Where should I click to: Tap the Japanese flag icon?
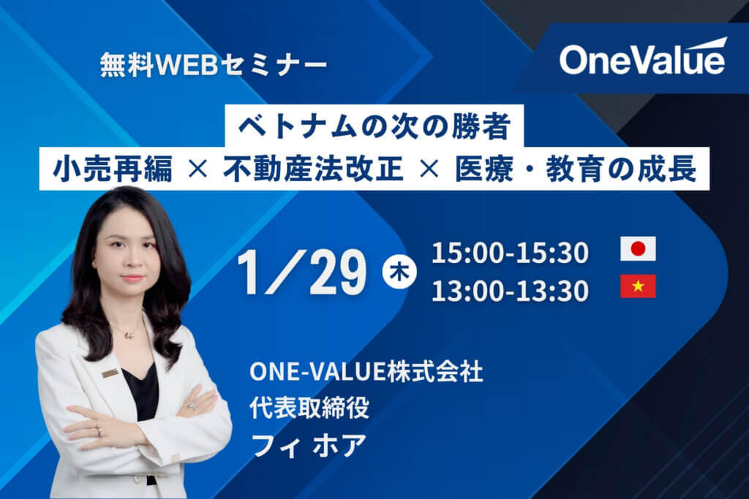[638, 248]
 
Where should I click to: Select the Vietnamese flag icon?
[638, 286]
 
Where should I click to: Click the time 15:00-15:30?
[510, 252]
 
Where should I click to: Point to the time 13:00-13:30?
[510, 291]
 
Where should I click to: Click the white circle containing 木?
[399, 272]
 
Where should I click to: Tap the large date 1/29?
[302, 272]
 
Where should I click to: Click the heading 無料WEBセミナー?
[214, 65]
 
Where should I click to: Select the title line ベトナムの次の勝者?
[374, 126]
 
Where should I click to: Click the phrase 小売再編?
[113, 169]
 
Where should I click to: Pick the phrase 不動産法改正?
[313, 169]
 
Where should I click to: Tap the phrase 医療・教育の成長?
[576, 169]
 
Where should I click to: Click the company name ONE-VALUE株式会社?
[366, 371]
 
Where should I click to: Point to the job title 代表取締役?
[309, 408]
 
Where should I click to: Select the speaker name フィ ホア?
[309, 445]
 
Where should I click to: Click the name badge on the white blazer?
[110, 373]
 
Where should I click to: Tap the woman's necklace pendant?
[128, 335]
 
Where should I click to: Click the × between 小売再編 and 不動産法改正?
[197, 169]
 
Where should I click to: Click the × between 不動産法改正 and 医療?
[429, 169]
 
